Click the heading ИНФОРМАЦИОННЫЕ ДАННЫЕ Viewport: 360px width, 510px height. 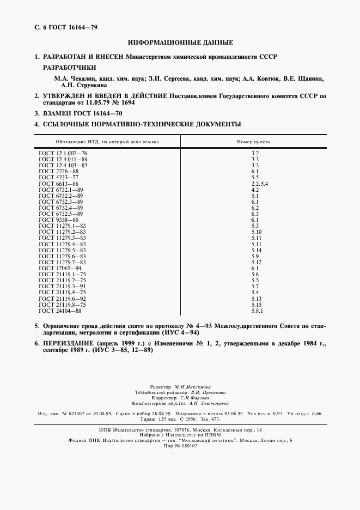pos(180,42)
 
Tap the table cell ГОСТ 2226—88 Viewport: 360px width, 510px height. pos(59,171)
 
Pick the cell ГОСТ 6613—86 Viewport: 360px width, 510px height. pos(59,184)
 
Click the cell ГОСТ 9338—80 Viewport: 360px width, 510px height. pos(59,219)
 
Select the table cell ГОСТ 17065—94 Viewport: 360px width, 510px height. pos(60,268)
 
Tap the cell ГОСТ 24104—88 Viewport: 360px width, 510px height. pos(60,311)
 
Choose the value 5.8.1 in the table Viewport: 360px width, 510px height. pos(257,311)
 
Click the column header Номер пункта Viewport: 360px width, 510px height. pos(253,141)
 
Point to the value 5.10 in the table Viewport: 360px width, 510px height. pos(257,232)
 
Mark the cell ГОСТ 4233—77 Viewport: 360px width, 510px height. pos(59,178)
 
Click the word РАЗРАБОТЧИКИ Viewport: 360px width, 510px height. pos(69,68)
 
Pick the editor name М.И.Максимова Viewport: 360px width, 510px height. pos(193,385)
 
